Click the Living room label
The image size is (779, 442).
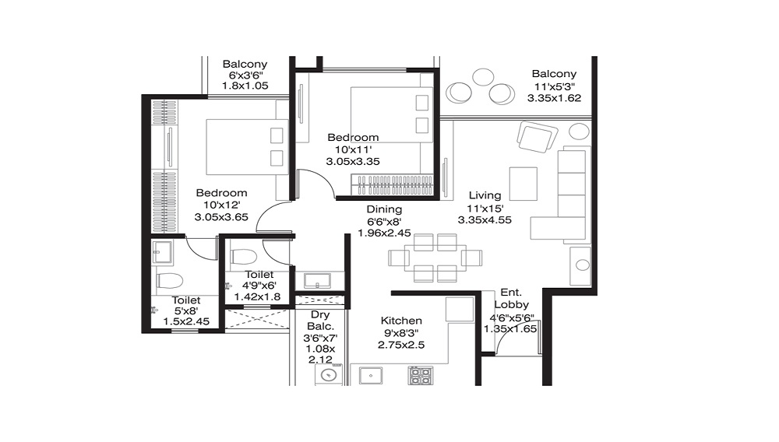tap(485, 195)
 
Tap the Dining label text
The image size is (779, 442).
tap(384, 209)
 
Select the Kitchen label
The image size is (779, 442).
tap(401, 321)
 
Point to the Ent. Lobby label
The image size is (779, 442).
tap(511, 299)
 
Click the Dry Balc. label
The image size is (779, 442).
tap(320, 320)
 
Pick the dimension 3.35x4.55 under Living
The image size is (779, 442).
tap(485, 219)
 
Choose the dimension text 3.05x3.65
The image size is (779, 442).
tap(221, 217)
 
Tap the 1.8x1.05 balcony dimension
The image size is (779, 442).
tap(245, 86)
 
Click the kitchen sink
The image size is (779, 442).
tap(371, 376)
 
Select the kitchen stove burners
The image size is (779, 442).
tap(421, 376)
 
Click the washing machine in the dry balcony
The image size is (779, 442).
tap(329, 374)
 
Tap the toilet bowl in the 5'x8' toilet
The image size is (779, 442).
tap(169, 280)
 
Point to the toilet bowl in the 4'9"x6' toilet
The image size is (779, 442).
tap(243, 257)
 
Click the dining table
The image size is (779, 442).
tap(435, 258)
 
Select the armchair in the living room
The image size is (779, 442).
tap(537, 136)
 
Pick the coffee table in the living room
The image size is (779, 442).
tap(523, 184)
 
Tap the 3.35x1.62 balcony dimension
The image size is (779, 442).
tap(554, 98)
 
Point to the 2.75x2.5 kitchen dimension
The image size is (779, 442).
tap(401, 345)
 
